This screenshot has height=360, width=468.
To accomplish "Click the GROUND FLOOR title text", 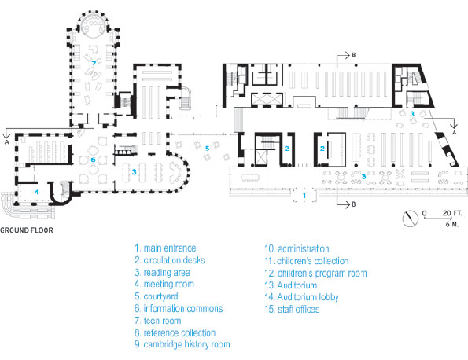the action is tap(27, 230).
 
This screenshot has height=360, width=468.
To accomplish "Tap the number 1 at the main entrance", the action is tap(304, 196).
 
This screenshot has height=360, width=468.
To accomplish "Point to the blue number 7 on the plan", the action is tap(94, 63).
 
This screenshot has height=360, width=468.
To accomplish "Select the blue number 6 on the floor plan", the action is tap(93, 160).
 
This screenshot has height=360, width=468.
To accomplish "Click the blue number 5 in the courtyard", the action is tap(208, 149).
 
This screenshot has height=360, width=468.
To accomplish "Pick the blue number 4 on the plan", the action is tap(36, 192).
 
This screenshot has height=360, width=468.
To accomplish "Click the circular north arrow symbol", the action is tap(411, 219).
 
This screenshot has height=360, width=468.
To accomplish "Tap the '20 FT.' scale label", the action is tap(452, 213).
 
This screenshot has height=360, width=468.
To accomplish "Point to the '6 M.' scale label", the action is tap(452, 224).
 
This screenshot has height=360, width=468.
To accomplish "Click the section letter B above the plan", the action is tap(354, 55).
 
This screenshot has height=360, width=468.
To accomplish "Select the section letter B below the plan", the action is tap(354, 204).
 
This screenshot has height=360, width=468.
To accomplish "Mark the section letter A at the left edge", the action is tap(6, 142).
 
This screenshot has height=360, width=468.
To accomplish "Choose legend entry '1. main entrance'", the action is tap(165, 248).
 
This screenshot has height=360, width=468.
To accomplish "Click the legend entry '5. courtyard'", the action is tap(156, 296).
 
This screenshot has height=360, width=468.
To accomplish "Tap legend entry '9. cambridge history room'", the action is tap(182, 344).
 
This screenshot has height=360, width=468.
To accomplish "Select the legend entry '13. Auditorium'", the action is tap(291, 285).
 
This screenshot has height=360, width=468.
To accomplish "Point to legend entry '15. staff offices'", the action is tap(292, 309).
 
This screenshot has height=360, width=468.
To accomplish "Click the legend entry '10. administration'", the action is tap(297, 248).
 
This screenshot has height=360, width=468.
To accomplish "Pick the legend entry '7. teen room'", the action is tap(157, 321).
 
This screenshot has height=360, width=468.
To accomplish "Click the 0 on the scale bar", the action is tap(425, 213).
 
